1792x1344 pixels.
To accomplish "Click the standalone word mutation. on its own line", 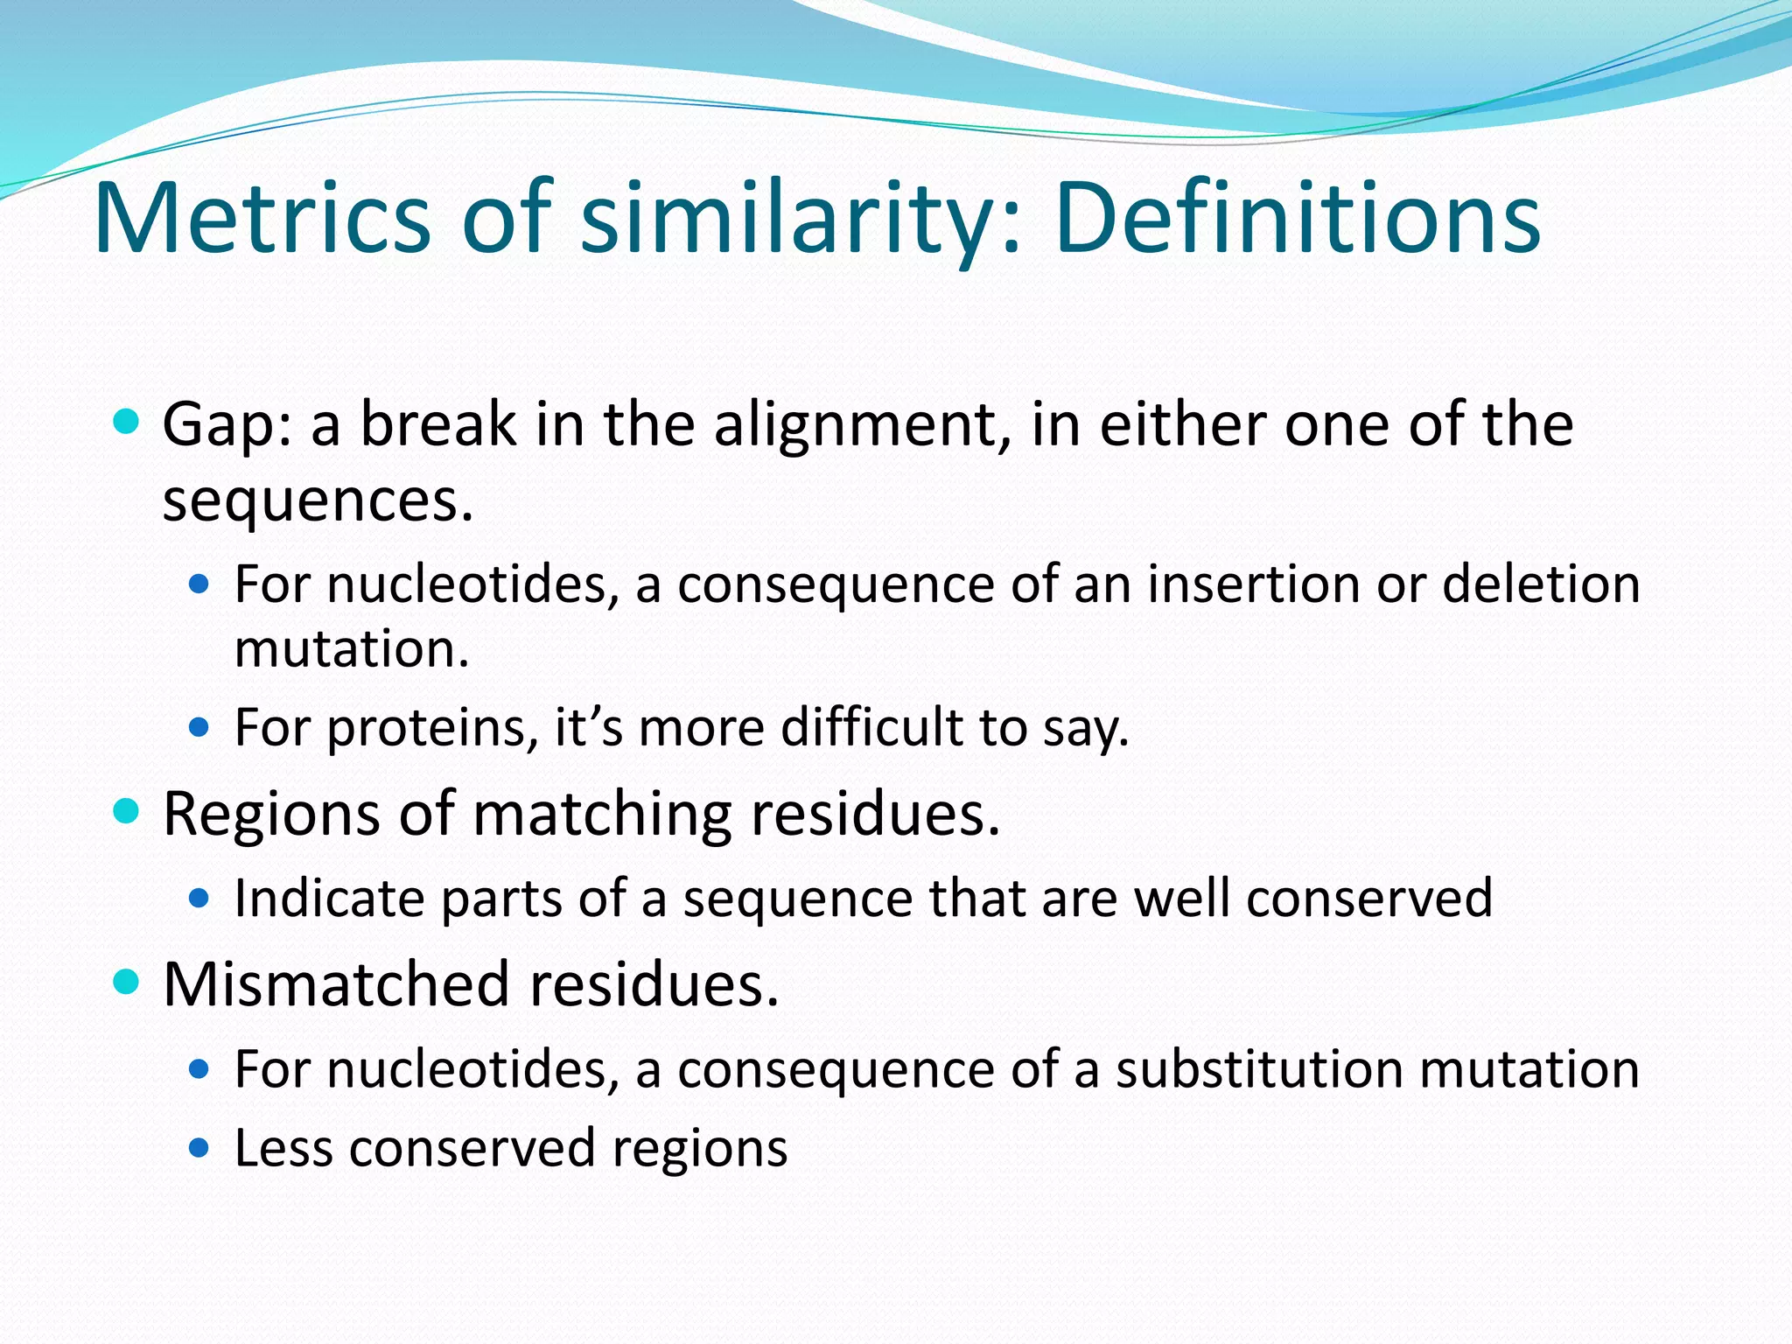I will point(352,649).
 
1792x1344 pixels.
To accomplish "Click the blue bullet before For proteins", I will point(199,727).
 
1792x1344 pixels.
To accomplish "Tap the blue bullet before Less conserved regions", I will point(199,1147).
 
